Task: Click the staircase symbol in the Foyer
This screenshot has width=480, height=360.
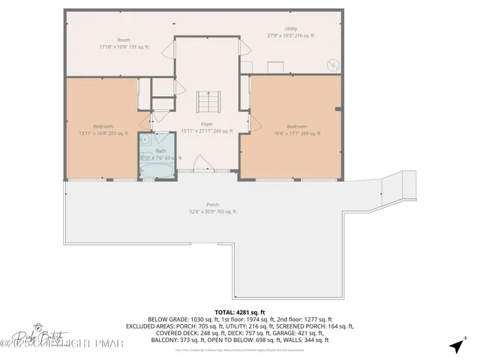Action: click(x=206, y=101)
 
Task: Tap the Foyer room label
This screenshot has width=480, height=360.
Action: click(x=206, y=124)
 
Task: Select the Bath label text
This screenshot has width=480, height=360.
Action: click(x=160, y=151)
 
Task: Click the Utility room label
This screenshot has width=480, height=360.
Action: click(x=290, y=28)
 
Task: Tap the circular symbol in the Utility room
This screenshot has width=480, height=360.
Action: click(x=330, y=65)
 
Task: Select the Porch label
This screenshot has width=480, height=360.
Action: click(x=213, y=205)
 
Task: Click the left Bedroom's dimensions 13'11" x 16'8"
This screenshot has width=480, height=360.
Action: click(x=103, y=133)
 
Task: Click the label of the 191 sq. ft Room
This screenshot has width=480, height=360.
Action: click(x=124, y=39)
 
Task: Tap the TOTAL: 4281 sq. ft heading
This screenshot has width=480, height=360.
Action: click(x=240, y=311)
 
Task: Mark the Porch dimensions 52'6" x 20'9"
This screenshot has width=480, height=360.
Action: click(x=213, y=211)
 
